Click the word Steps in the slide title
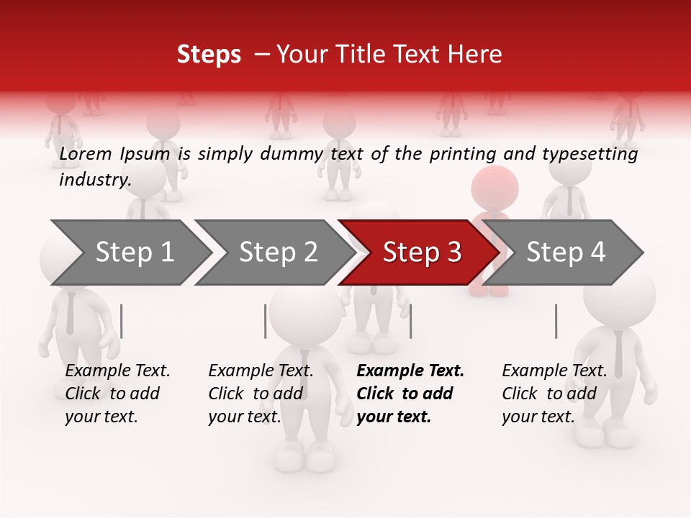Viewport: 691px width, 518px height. (209, 55)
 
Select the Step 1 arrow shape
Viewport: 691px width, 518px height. (130, 253)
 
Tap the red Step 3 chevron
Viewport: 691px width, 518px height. (420, 253)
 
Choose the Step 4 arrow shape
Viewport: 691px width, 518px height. (564, 253)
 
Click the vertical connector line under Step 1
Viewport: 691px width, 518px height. (122, 321)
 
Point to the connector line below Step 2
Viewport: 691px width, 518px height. (266, 321)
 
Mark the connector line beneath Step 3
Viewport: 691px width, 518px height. (410, 321)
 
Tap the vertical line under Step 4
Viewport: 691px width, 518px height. (556, 321)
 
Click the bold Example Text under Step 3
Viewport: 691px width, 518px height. (410, 371)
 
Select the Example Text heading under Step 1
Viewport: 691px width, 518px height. (117, 371)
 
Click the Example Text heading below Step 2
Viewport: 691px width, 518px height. (261, 371)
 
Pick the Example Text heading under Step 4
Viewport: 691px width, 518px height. (554, 371)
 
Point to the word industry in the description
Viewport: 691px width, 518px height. (94, 179)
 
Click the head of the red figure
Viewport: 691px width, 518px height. (494, 187)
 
